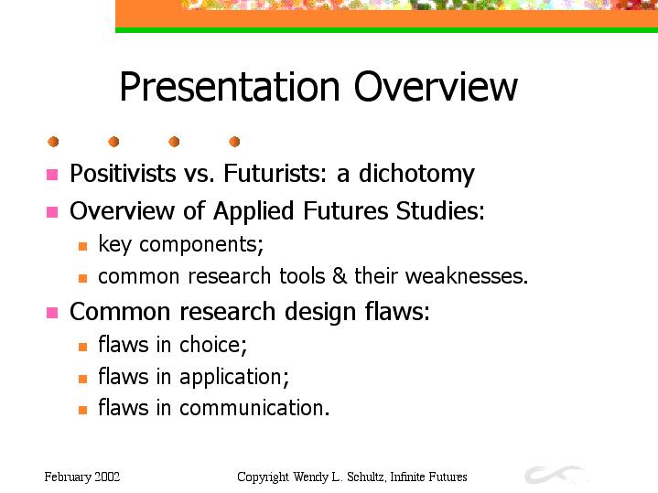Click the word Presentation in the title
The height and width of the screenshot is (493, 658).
click(x=229, y=87)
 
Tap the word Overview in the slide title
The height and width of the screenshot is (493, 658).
click(x=436, y=86)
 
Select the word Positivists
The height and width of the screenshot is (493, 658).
click(x=123, y=173)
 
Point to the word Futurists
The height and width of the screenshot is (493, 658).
click(x=275, y=173)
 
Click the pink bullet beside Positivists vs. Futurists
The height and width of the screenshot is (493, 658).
click(x=52, y=175)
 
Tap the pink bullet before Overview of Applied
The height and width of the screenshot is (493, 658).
click(x=52, y=212)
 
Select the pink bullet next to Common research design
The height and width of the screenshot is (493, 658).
click(x=52, y=313)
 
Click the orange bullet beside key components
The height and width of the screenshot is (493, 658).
click(x=82, y=246)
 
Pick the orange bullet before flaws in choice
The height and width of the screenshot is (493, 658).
click(x=82, y=347)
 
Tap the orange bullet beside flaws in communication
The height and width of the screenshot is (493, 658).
click(x=82, y=410)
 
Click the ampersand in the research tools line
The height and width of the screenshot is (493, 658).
click(x=340, y=276)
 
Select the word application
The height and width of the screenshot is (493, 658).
click(x=234, y=377)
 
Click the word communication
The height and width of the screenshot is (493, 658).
click(x=254, y=408)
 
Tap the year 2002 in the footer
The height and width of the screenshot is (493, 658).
click(x=107, y=477)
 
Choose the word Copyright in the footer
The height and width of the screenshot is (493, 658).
click(x=264, y=477)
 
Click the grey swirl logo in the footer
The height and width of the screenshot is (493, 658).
click(x=553, y=475)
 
